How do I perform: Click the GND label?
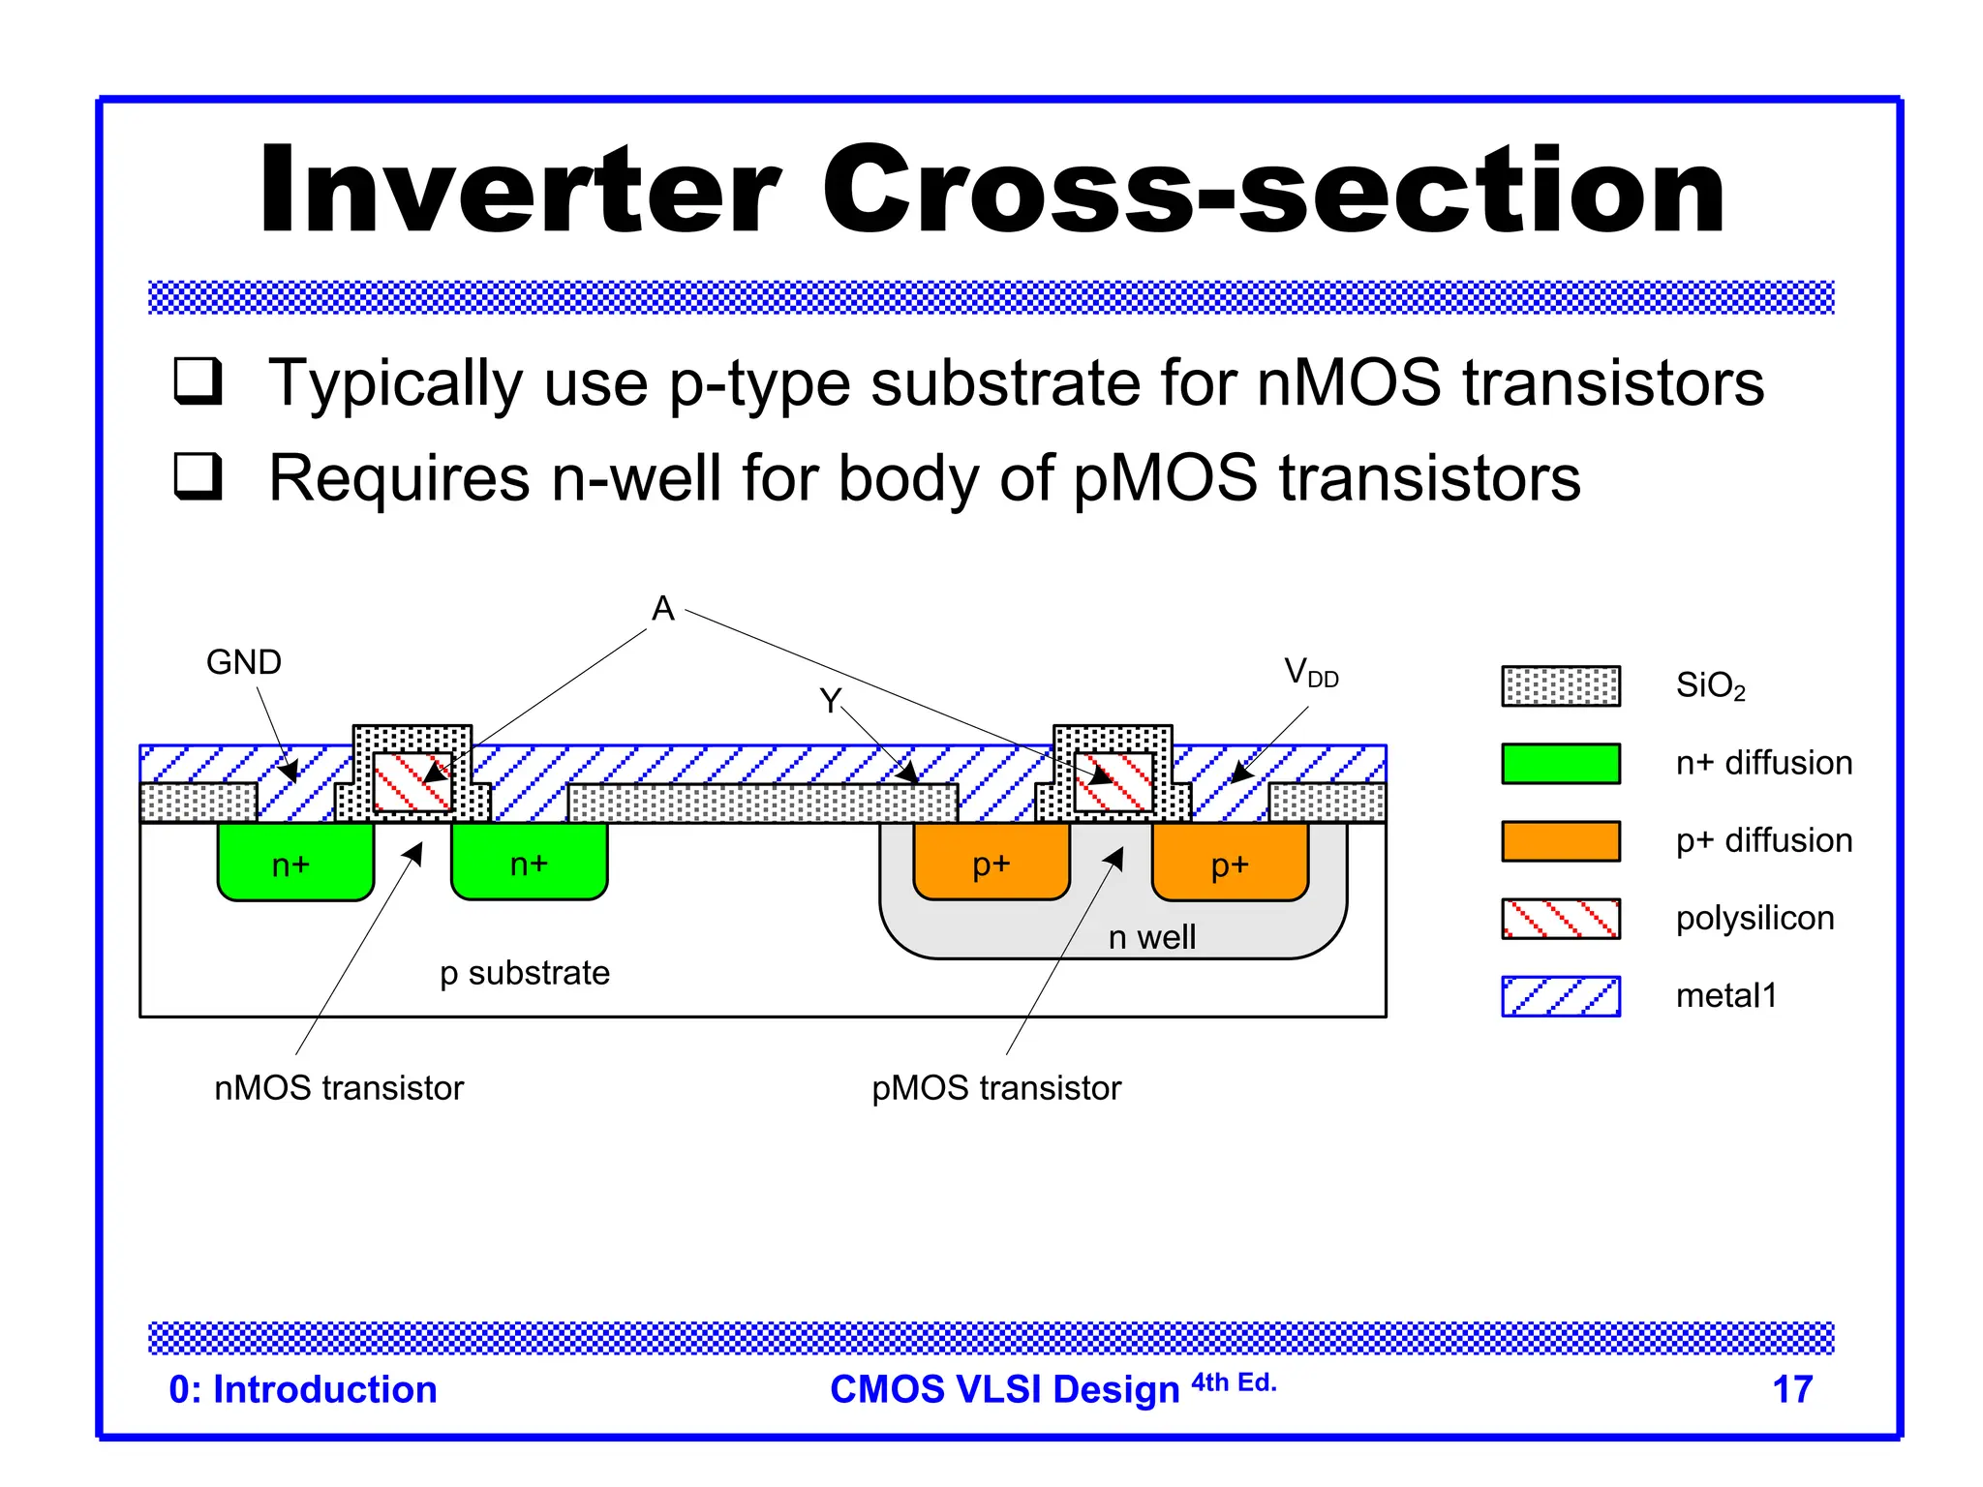point(243,663)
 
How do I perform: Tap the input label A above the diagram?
point(662,609)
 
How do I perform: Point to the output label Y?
point(830,700)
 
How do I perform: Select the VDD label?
point(1310,672)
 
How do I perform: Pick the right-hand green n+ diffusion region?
point(529,862)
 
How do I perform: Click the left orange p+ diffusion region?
point(991,862)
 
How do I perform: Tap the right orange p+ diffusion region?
point(1230,862)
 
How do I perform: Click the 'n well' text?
point(1151,937)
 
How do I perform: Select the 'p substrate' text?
point(524,973)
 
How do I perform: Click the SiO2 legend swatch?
point(1560,685)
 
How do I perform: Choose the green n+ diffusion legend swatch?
point(1560,763)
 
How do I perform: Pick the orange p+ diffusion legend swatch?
point(1560,840)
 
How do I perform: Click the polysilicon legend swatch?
point(1560,918)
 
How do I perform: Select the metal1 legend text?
point(1725,995)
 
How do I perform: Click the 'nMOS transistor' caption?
point(339,1088)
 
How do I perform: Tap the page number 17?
point(1791,1389)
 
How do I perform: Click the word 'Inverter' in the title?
point(518,190)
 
